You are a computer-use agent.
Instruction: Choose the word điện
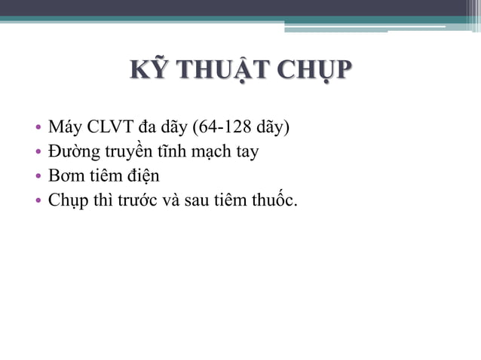144,176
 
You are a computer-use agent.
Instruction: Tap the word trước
131,201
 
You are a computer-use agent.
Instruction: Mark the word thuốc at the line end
272,201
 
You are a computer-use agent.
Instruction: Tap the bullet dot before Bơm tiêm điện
38,177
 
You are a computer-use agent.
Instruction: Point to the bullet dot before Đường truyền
38,152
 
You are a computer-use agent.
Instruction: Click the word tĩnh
172,151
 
